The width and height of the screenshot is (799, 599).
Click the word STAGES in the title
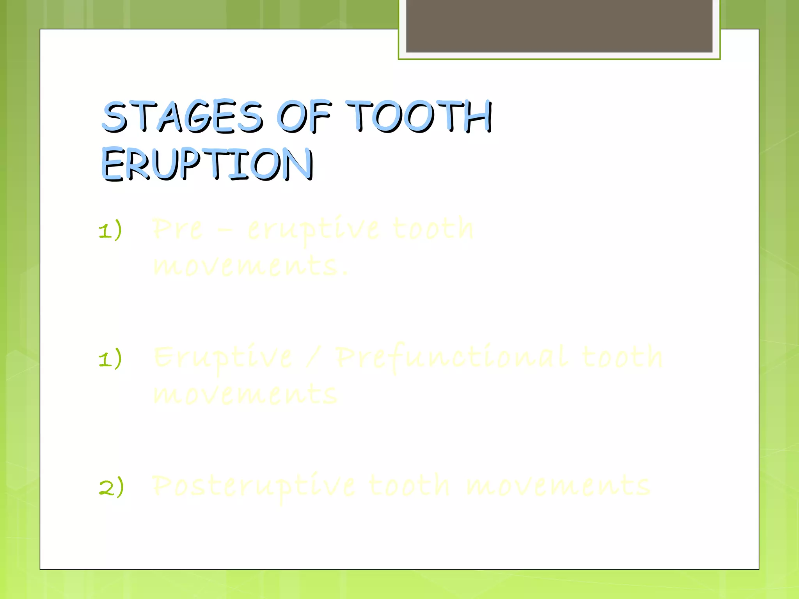pos(182,116)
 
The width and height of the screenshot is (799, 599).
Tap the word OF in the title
pos(304,116)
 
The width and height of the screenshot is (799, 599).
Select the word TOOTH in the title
pos(419,116)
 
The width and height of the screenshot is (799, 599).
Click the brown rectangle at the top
pos(559,26)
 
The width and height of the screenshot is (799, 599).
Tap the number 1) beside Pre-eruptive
pos(110,230)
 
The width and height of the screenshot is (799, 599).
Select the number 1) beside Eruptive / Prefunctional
pos(110,358)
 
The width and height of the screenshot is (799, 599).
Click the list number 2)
pos(111,487)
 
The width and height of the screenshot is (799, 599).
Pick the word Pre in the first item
pos(178,229)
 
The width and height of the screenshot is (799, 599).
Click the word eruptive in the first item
pos(313,230)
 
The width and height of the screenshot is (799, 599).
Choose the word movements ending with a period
pos(250,266)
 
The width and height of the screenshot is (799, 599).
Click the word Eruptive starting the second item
pos(223,358)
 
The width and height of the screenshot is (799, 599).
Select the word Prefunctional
pos(452,358)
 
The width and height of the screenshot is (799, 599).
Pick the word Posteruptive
pos(254,487)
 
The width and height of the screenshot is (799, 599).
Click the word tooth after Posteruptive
pos(409,486)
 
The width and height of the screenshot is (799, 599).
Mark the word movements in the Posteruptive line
pos(558,486)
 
